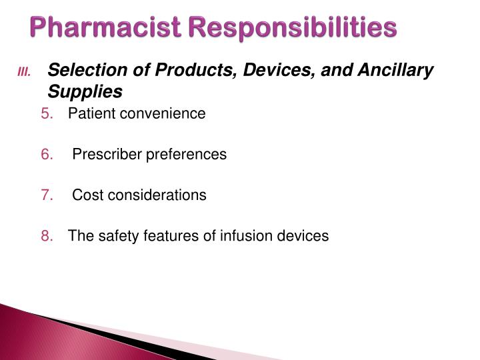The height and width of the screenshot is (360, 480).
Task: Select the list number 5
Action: (47, 113)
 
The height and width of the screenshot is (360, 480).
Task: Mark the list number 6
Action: (47, 154)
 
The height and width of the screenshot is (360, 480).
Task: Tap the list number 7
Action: (47, 195)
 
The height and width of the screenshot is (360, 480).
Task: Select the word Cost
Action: (86, 195)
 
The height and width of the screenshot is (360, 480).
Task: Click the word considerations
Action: (155, 195)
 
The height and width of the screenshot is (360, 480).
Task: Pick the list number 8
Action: (47, 235)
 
